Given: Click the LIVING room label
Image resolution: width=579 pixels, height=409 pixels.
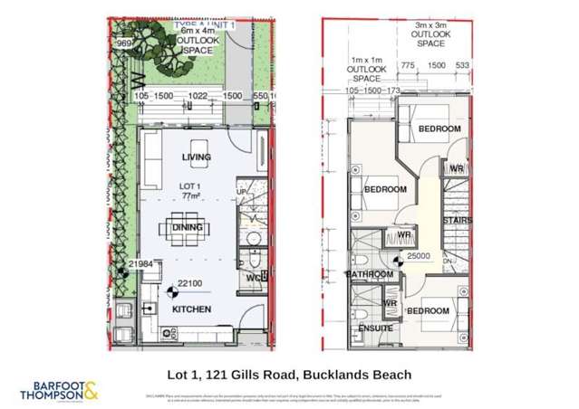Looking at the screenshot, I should pyautogui.click(x=197, y=157).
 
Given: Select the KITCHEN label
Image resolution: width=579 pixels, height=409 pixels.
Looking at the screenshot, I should pyautogui.click(x=191, y=309).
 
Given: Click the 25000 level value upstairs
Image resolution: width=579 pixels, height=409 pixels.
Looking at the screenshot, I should pyautogui.click(x=418, y=256).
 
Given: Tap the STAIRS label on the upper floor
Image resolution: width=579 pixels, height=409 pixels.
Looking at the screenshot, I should pyautogui.click(x=456, y=220).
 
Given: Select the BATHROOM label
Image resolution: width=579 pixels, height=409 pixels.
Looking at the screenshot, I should pyautogui.click(x=371, y=274).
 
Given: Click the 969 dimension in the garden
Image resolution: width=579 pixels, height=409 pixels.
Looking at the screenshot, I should pyautogui.click(x=125, y=43).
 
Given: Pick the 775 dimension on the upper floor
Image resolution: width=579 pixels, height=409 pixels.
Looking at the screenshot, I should pyautogui.click(x=408, y=65).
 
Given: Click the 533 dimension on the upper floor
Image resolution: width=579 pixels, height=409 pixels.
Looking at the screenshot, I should pyautogui.click(x=463, y=65).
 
